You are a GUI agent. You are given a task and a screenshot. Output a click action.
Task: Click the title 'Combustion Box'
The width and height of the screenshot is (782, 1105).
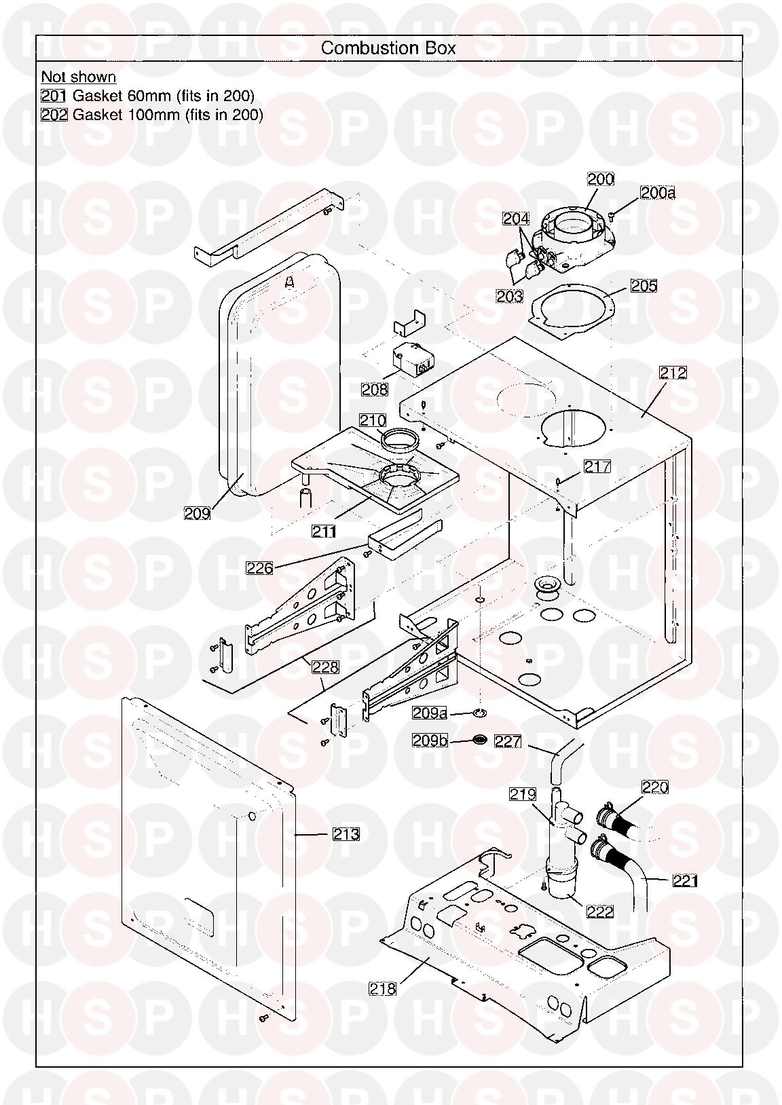(388, 48)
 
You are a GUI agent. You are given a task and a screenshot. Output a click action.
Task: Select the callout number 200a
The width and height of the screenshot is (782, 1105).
(658, 192)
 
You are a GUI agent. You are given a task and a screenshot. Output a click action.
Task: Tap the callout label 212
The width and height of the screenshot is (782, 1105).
(673, 373)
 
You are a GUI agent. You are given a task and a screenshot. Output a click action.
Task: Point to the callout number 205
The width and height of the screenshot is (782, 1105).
(644, 286)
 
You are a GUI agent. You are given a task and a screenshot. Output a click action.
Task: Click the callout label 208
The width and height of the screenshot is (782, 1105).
(375, 390)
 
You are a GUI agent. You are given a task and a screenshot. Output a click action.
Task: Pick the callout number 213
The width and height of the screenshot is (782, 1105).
(346, 834)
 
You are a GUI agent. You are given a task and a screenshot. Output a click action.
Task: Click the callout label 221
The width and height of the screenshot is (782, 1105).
(686, 880)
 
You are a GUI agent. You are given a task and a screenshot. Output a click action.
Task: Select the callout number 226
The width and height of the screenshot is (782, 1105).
(259, 568)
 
